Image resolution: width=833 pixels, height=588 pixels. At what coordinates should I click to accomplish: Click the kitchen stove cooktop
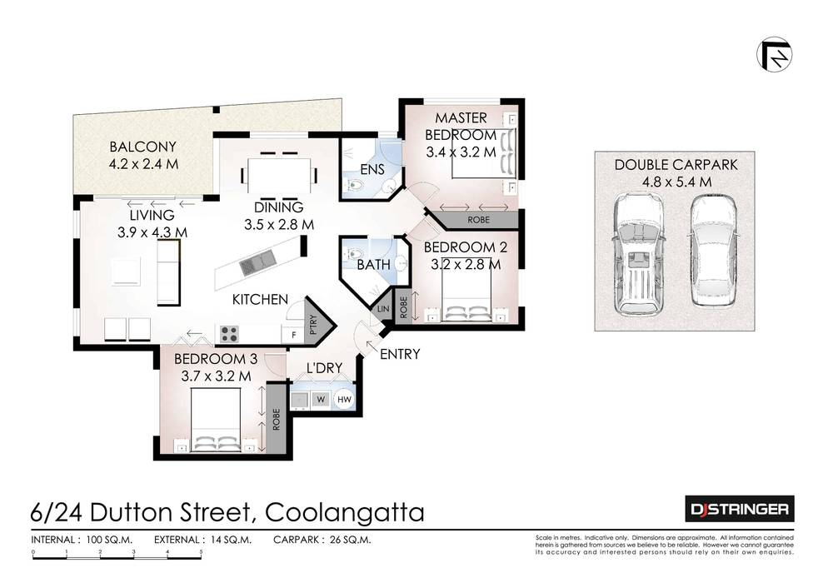click(x=229, y=335)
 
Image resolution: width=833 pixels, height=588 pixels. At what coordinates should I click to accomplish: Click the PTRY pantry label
click(x=313, y=323)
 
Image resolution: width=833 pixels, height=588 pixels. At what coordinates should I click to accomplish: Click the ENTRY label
click(x=399, y=355)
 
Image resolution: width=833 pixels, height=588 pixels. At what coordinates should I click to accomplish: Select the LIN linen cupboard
click(x=383, y=308)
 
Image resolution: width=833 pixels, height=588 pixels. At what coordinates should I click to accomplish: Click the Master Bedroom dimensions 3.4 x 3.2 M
click(x=461, y=152)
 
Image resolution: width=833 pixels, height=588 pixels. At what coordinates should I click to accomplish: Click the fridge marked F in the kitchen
click(x=292, y=335)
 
